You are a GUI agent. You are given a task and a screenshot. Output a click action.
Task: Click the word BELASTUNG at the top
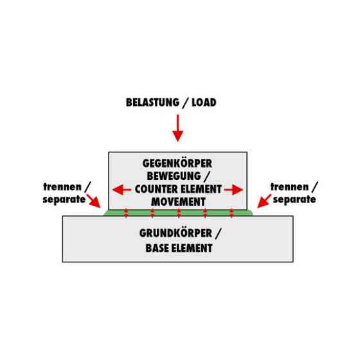[x=152, y=102]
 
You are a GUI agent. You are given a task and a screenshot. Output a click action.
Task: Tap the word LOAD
[x=204, y=102]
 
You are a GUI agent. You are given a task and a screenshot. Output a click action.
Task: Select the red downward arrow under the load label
[x=177, y=128]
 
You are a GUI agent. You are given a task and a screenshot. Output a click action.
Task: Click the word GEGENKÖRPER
[x=177, y=164]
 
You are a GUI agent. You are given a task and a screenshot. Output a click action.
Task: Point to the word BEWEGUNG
[x=174, y=176]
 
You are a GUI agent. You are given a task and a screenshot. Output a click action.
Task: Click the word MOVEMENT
[x=178, y=202]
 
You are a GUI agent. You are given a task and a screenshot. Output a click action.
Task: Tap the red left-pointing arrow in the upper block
[x=122, y=190]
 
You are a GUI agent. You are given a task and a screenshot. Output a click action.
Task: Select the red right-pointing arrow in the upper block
[x=233, y=190]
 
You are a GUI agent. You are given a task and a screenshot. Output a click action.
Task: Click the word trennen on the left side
[x=62, y=187]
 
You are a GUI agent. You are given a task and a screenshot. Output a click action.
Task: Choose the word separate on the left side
[x=64, y=199]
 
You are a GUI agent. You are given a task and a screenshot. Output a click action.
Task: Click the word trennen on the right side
[x=289, y=187]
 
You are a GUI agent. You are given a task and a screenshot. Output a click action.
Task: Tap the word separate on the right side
[x=294, y=199]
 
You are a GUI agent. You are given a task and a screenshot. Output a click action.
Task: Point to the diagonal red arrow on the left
[x=94, y=201]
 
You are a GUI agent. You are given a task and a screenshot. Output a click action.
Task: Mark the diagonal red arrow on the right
[x=264, y=201]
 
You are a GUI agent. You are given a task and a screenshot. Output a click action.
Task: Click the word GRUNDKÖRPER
[x=175, y=233]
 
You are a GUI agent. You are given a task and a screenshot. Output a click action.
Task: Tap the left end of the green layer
[x=104, y=215]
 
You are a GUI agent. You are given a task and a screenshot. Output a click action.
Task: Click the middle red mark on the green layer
[x=179, y=213]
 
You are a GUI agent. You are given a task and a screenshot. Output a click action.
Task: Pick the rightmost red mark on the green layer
[x=231, y=213]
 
